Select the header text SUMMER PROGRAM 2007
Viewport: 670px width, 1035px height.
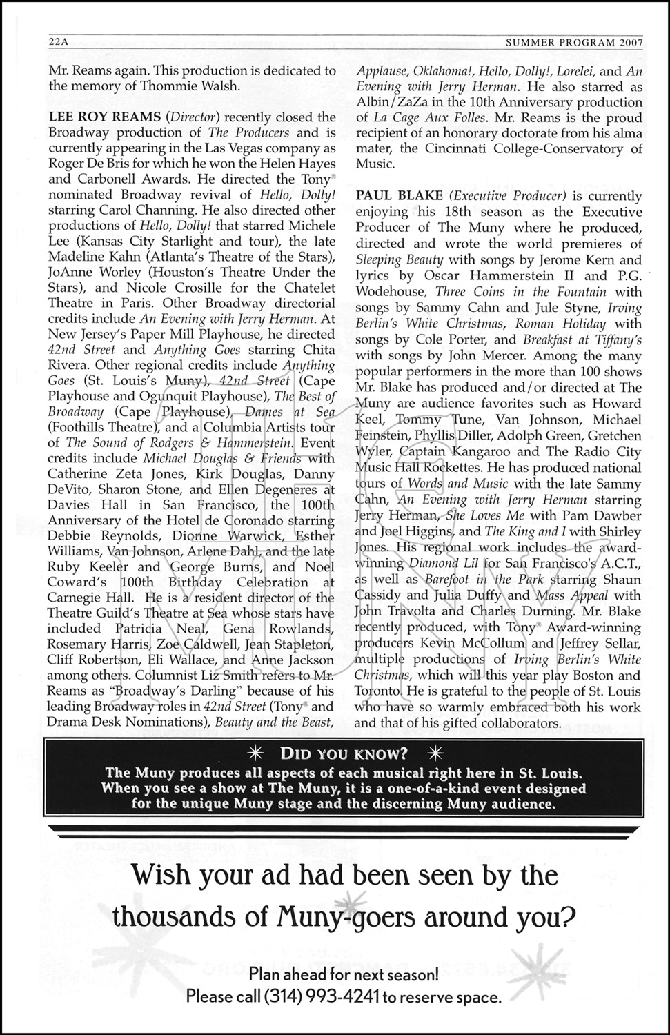(574, 41)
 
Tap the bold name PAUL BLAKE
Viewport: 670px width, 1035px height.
(398, 196)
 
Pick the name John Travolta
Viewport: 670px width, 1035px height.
(392, 611)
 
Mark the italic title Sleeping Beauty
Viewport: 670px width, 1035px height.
(399, 260)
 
